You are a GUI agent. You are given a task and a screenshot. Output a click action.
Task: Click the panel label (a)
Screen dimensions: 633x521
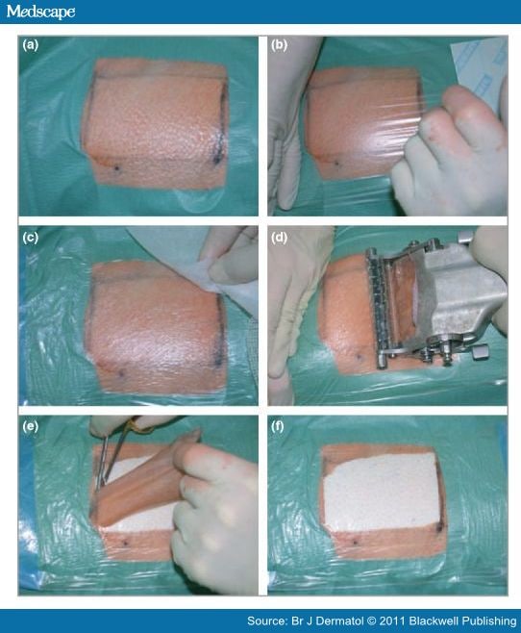pyautogui.click(x=31, y=46)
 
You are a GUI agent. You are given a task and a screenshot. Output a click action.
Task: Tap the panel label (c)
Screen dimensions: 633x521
pyautogui.click(x=31, y=237)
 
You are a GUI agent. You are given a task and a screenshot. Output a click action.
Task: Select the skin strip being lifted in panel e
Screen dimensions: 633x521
pyautogui.click(x=144, y=481)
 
